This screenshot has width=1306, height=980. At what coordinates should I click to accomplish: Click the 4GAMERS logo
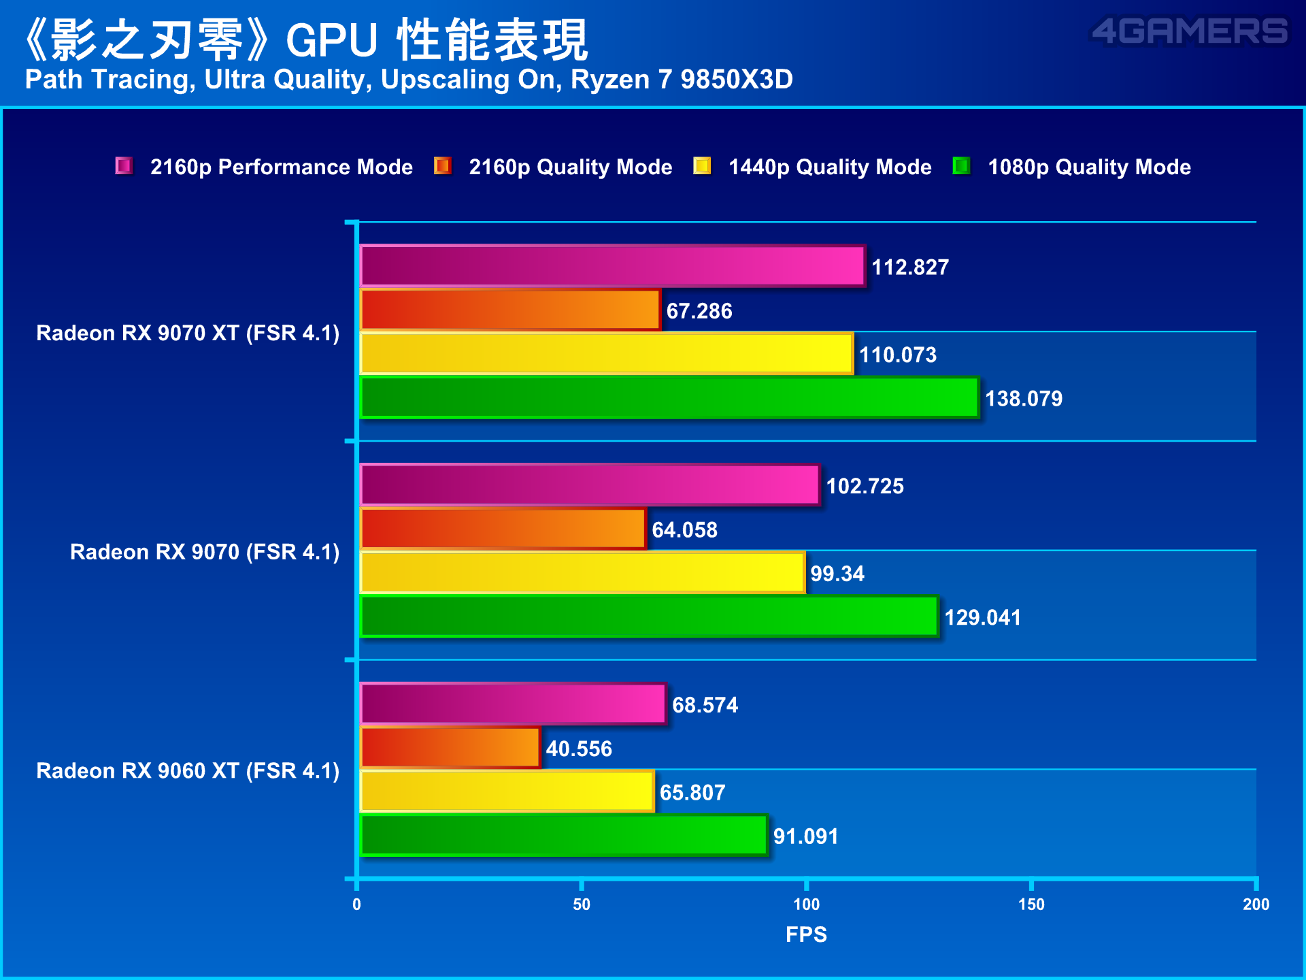1190,31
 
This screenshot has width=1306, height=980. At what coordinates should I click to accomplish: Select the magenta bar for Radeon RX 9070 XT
612,265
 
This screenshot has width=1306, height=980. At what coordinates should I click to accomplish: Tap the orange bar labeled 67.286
510,310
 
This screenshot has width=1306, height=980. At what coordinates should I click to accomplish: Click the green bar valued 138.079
669,397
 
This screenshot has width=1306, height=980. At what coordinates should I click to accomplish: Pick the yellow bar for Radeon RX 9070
582,572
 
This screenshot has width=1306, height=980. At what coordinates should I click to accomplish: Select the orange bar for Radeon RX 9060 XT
450,747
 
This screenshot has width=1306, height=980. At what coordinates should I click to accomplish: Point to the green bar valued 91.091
564,835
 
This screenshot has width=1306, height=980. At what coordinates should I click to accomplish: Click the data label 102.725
865,486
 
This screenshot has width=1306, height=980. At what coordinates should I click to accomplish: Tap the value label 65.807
692,792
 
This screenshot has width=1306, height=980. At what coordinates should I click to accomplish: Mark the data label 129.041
983,617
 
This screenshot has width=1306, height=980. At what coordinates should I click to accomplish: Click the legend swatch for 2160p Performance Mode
124,165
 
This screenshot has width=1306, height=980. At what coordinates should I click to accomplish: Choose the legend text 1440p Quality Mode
830,167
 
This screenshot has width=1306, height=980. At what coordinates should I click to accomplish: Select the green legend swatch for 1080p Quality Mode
961,165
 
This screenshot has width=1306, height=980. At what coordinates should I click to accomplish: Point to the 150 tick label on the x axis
1031,904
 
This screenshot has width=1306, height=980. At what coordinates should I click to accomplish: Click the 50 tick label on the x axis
582,904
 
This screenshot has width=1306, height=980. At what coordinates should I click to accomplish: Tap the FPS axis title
806,934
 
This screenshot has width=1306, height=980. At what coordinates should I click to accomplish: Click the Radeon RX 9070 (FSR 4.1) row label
205,551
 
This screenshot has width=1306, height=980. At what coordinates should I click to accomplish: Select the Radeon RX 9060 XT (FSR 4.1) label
188,770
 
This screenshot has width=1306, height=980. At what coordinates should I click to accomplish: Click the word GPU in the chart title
331,40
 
